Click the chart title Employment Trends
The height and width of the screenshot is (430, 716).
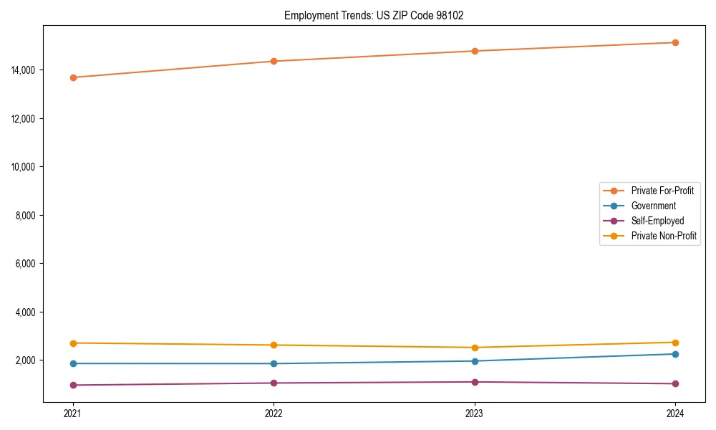pos(374,16)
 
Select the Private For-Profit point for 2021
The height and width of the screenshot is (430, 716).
pos(72,77)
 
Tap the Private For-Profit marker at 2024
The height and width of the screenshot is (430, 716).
pos(675,42)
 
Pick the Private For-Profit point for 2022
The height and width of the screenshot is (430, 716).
pos(274,61)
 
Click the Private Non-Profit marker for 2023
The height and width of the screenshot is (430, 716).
pos(475,348)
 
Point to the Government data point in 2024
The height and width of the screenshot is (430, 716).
pos(675,354)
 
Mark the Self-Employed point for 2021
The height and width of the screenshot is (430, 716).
pos(72,385)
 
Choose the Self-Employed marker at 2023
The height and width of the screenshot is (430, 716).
pos(475,382)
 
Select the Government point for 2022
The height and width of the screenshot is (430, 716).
pos(274,363)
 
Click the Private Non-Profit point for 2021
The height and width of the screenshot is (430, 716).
pos(72,343)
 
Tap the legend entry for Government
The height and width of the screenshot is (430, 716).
pos(653,206)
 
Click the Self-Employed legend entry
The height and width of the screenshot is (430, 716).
pos(657,221)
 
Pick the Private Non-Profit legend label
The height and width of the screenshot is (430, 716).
pos(664,236)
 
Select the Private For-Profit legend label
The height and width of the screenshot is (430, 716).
pos(662,191)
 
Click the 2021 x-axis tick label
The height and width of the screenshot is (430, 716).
pos(72,413)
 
